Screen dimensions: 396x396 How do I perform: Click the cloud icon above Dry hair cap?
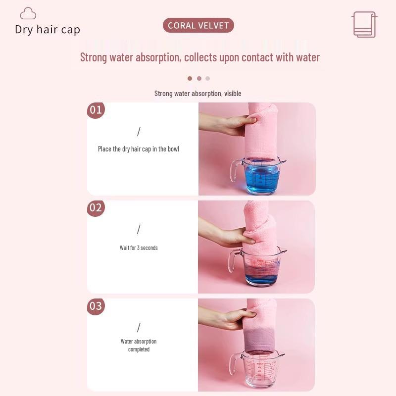(28, 13)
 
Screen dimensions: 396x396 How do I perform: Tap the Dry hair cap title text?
(48, 30)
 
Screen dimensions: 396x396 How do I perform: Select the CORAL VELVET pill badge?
(198, 25)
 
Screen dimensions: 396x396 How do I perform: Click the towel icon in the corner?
(364, 24)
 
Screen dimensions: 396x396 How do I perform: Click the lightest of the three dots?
(207, 78)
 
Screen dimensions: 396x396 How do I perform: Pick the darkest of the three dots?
(190, 78)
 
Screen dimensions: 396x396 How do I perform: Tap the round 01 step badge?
(96, 110)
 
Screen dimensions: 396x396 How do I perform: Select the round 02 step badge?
(96, 208)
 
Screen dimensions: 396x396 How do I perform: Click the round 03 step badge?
(96, 306)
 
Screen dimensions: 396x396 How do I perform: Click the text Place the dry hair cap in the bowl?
(139, 149)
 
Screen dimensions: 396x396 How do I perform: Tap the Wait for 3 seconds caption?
(139, 247)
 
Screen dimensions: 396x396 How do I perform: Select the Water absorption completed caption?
(139, 345)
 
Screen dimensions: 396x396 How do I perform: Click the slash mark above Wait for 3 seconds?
(139, 229)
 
